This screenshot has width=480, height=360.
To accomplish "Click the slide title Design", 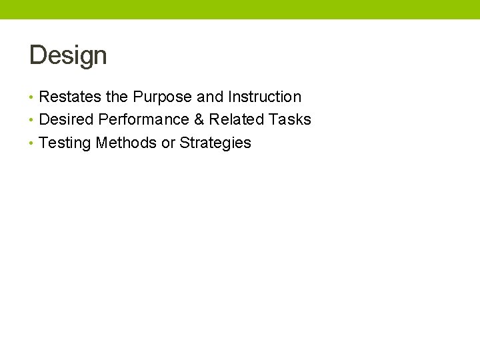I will point(68,55).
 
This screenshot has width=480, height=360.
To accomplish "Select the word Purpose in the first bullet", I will point(163,97).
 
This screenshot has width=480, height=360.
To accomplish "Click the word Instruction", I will point(265,97).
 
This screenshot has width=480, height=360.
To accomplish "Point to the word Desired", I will point(66,120).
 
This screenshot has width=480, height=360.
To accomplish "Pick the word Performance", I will point(143,120).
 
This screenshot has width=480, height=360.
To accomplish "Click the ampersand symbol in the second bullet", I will point(199,120).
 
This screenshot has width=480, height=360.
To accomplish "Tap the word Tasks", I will point(290,120).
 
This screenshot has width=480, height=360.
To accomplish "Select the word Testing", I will point(65,143).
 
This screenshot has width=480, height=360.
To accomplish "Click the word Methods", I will point(126,143).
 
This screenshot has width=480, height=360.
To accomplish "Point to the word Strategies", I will point(215,143).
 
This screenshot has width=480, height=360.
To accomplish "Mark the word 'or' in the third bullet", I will point(168,143).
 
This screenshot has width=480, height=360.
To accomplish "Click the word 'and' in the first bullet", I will point(210,97).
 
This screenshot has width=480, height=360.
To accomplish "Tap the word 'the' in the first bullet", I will point(117,97).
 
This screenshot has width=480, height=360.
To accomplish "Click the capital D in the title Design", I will point(37,55).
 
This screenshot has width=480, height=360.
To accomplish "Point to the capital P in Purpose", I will point(138,97).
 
